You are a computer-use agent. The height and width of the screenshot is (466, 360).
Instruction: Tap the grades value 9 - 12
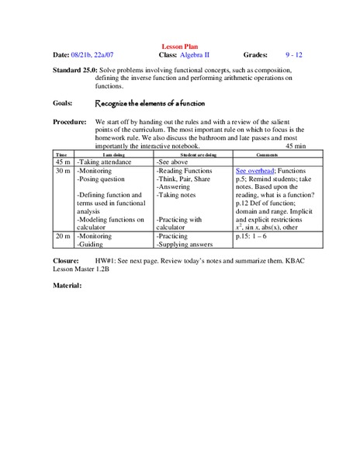(293, 56)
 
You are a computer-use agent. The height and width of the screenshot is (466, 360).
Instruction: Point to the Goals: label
(64, 103)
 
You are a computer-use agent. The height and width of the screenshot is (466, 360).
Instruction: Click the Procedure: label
(71, 123)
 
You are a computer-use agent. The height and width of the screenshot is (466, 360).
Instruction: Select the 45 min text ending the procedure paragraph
(296, 146)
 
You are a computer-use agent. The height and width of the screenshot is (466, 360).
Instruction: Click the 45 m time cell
(62, 161)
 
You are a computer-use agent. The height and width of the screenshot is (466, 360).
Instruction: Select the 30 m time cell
(62, 169)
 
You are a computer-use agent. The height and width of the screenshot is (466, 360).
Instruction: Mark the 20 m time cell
(62, 235)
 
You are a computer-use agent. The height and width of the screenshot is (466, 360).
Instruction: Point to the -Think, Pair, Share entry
(183, 179)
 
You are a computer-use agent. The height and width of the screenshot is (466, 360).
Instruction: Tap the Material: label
(67, 286)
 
